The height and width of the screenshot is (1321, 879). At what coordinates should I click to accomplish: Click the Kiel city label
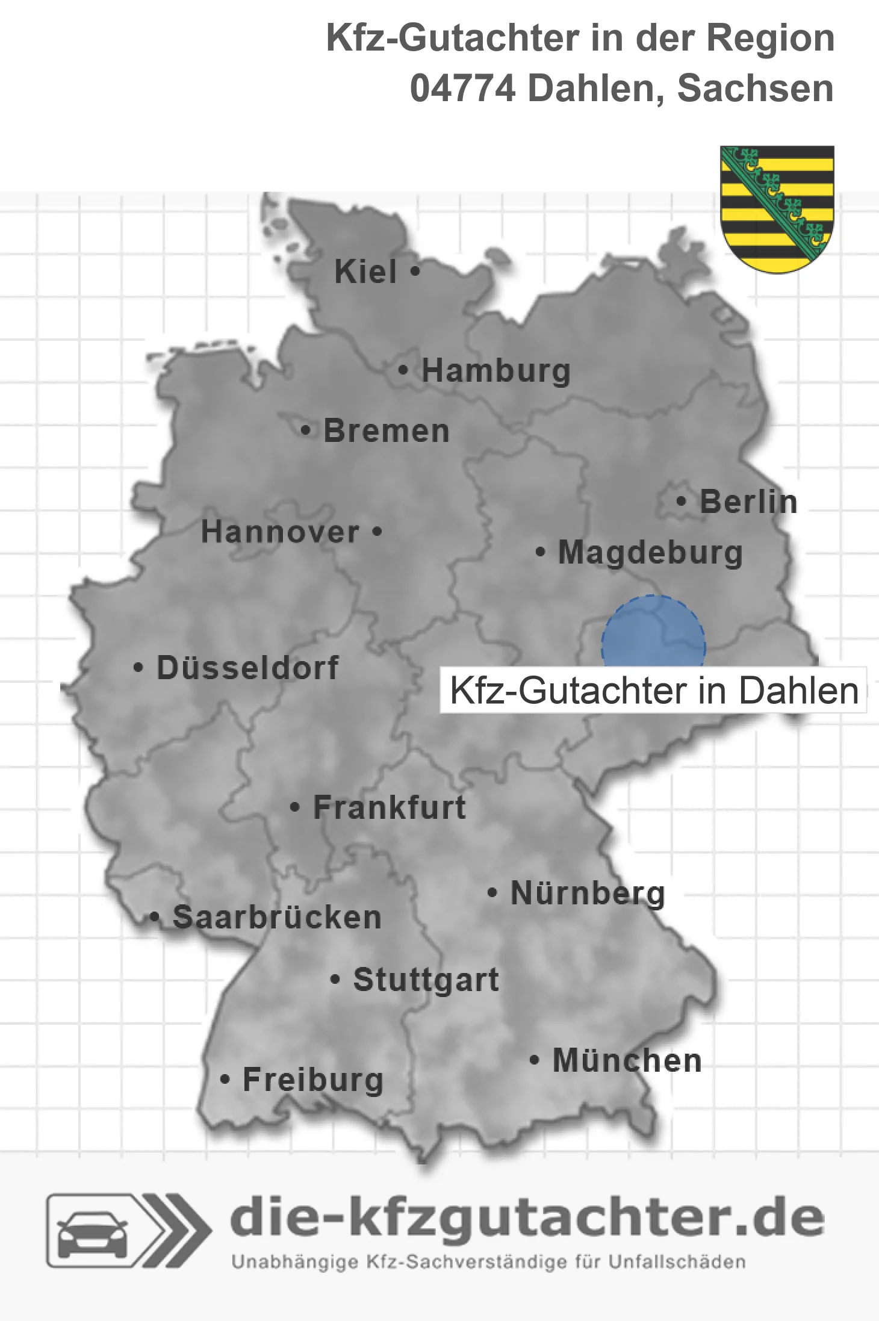click(x=365, y=272)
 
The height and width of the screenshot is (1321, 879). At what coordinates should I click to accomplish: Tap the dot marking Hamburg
click(x=403, y=370)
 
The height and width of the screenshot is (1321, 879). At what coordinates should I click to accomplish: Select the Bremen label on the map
click(x=387, y=431)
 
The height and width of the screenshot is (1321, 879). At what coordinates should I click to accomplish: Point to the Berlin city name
click(x=748, y=502)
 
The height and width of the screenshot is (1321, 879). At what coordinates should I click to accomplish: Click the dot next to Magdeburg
click(x=541, y=552)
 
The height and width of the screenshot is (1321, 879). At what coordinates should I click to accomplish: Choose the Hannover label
click(x=280, y=532)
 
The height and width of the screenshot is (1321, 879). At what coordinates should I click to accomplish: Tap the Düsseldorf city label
click(x=247, y=668)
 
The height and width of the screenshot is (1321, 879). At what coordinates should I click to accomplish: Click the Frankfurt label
click(x=390, y=807)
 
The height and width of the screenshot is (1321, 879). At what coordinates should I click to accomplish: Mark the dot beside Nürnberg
click(x=492, y=892)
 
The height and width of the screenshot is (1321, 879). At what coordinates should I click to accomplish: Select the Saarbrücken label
click(x=277, y=918)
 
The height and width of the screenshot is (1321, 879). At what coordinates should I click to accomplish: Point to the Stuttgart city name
click(x=426, y=980)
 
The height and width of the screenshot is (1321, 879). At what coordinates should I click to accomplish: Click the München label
click(x=627, y=1060)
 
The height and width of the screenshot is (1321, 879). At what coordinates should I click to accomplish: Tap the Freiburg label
click(x=313, y=1080)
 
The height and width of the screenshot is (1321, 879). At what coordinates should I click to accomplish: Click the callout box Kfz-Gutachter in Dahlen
click(x=654, y=690)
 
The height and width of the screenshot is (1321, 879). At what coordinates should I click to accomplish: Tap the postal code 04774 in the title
click(x=462, y=89)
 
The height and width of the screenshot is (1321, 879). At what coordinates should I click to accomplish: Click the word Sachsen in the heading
click(x=755, y=89)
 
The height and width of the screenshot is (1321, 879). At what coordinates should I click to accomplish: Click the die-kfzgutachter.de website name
click(x=527, y=1219)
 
